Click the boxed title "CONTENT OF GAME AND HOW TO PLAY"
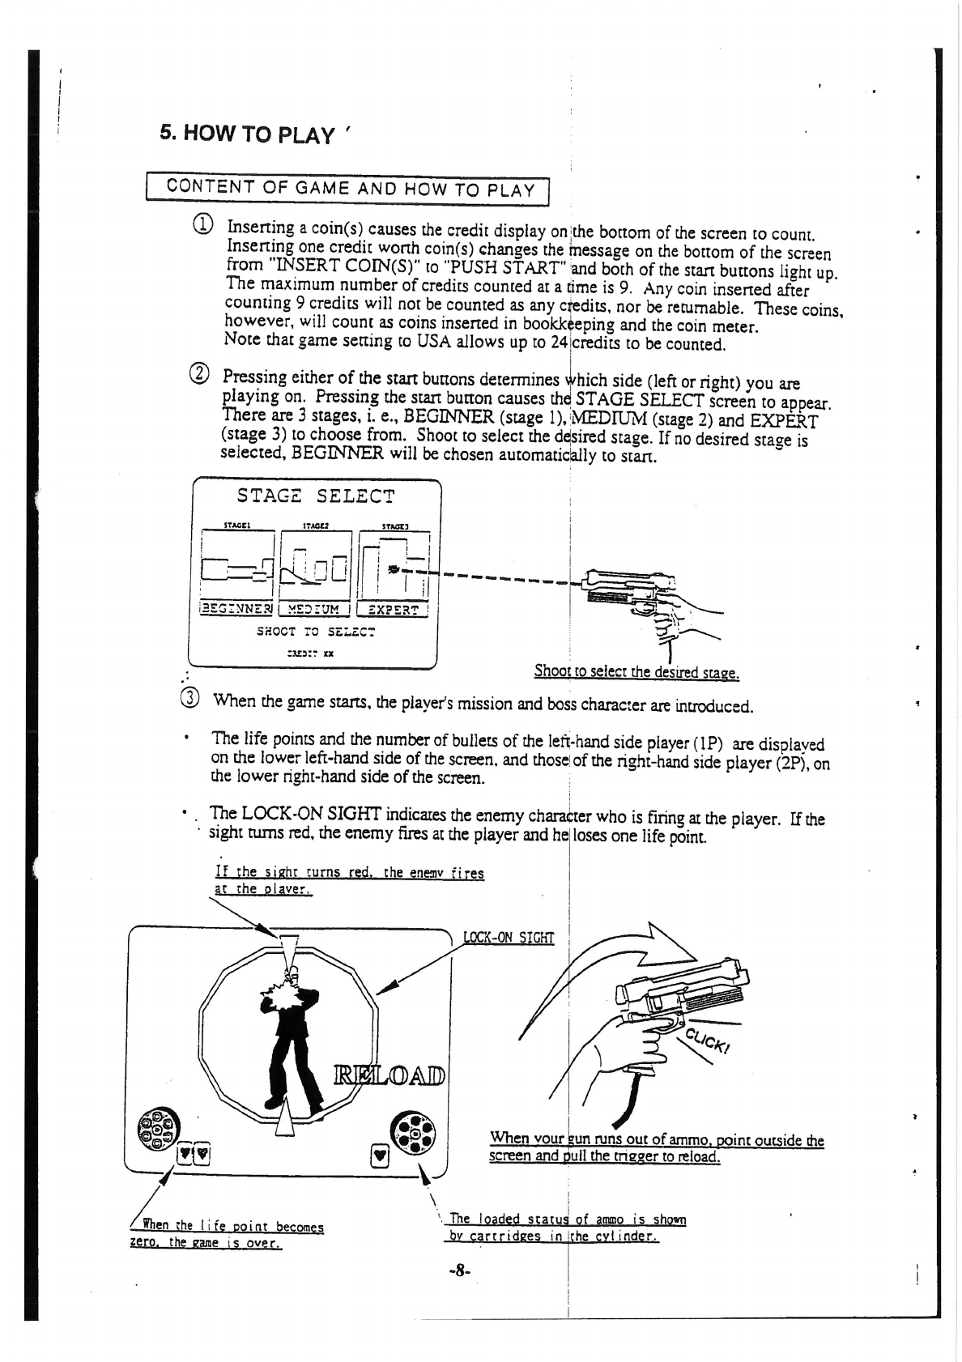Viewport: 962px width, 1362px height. [x=350, y=189]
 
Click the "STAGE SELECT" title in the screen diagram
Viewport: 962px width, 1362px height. [x=316, y=496]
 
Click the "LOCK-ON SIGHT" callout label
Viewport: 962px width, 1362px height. [x=508, y=939]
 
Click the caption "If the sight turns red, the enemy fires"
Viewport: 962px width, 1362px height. [x=349, y=873]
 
